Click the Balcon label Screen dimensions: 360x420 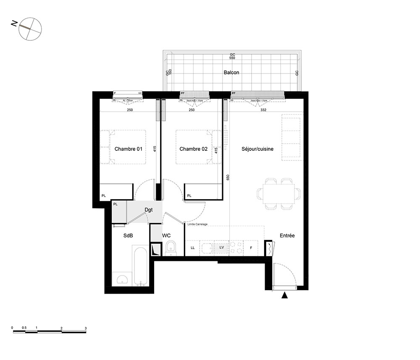(x=231, y=72)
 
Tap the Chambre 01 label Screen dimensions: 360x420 (x=129, y=149)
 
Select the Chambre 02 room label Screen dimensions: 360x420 (x=194, y=149)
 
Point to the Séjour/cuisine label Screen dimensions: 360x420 (x=257, y=149)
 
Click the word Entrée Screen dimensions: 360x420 (x=287, y=236)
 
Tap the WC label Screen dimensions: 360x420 (x=166, y=236)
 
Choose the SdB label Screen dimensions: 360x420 (x=128, y=236)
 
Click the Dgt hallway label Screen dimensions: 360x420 (x=149, y=209)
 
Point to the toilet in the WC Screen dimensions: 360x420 (x=171, y=248)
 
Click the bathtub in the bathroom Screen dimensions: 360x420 (x=140, y=266)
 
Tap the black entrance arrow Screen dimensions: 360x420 (x=285, y=296)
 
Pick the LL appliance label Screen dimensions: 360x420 (x=193, y=248)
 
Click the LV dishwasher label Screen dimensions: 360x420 (x=221, y=248)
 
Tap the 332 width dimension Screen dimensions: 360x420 (x=264, y=110)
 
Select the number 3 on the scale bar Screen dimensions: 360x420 (x=86, y=328)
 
